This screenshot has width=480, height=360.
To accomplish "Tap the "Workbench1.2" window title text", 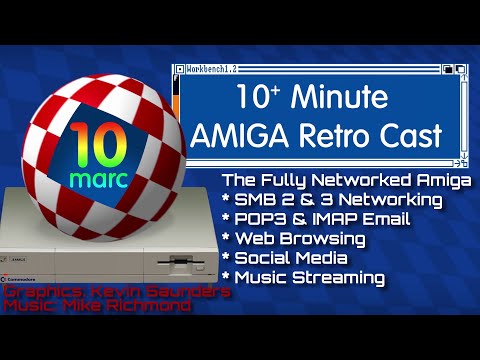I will pos(212,70).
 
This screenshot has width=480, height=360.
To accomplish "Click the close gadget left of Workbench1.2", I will pos(180,70).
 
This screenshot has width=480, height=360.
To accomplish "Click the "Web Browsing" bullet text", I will pos(299,239).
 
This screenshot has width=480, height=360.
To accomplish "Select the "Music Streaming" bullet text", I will pos(304,277).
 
